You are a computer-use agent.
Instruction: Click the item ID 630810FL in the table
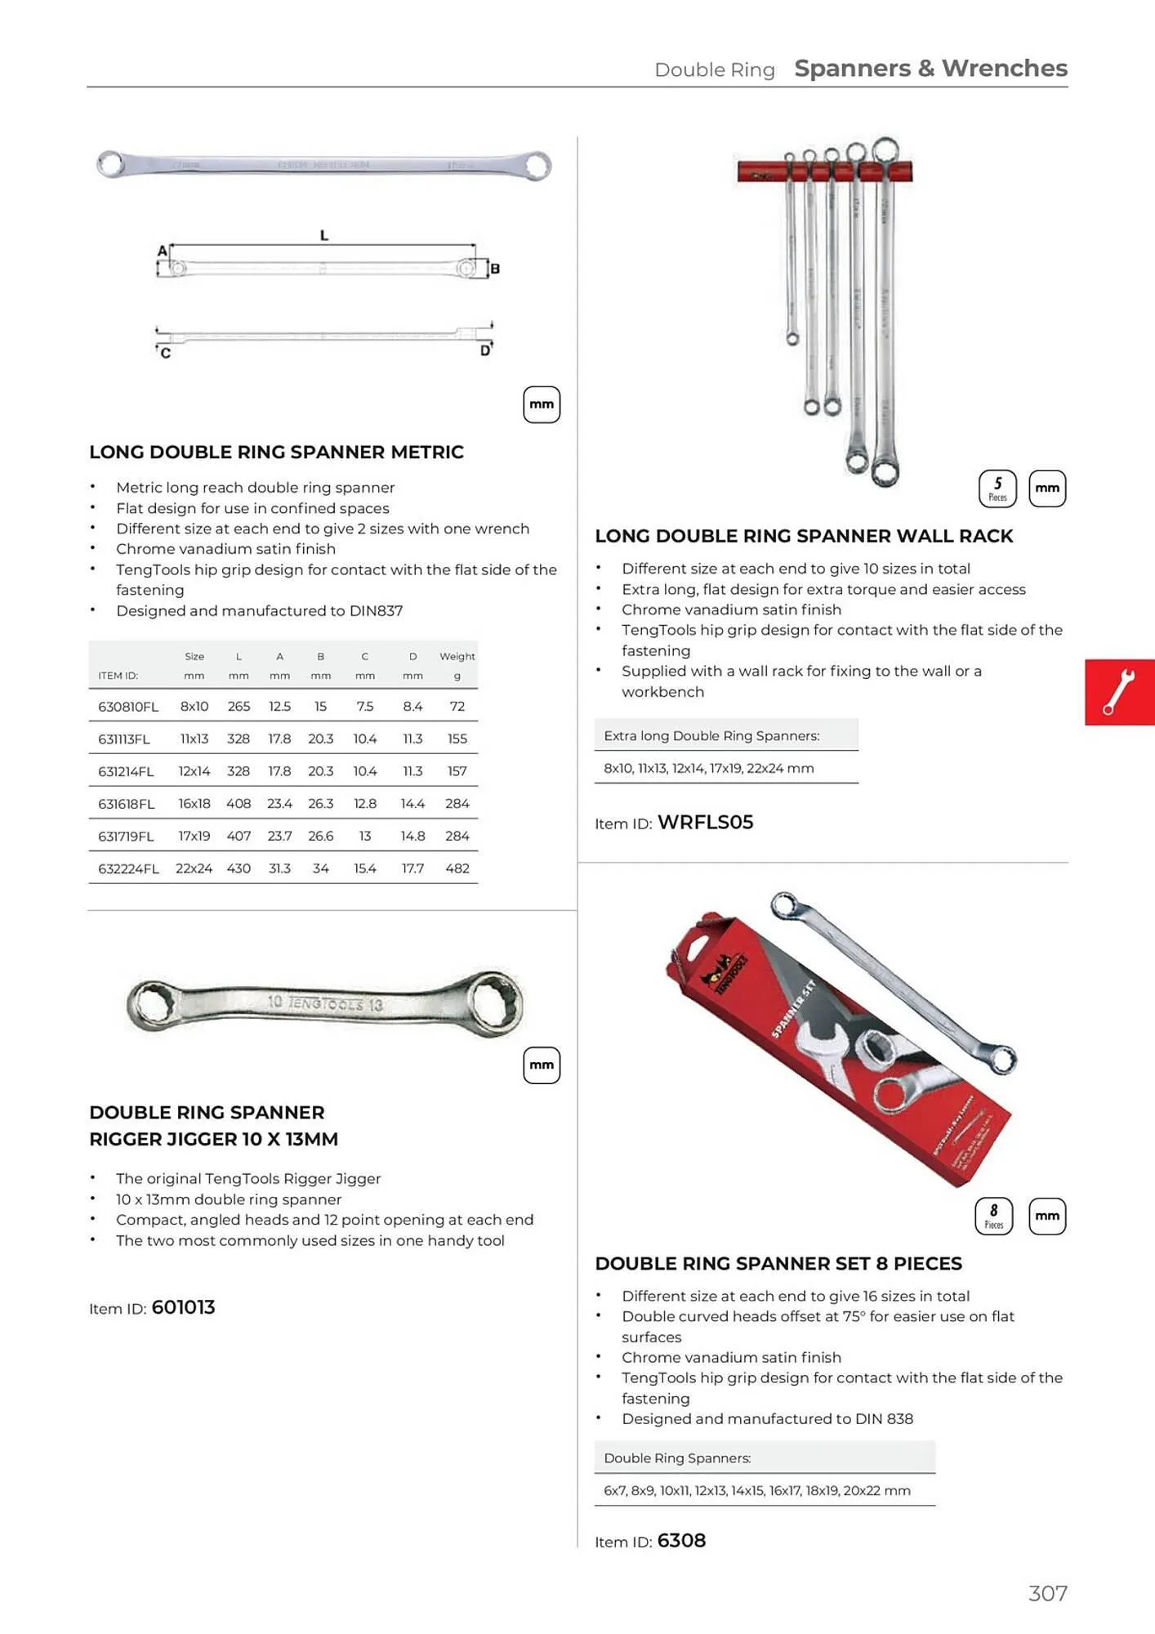coord(127,707)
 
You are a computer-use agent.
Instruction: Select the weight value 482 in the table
coord(457,868)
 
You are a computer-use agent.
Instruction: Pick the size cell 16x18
coord(194,804)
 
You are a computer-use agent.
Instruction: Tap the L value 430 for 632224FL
coord(239,868)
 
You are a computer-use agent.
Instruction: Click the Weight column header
coord(457,656)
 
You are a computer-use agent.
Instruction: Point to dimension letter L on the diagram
coord(324,235)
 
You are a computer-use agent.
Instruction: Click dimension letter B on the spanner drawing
coord(495,269)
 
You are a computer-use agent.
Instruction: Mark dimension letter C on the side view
coord(166,353)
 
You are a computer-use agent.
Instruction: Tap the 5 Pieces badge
coord(997,489)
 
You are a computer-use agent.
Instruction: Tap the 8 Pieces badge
coord(994,1216)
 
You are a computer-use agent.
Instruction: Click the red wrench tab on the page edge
coord(1119,692)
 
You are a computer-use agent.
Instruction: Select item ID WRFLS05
coord(706,823)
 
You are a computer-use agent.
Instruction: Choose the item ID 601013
coord(184,1307)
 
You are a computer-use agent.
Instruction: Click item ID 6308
coord(681,1541)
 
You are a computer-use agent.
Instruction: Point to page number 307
coord(1048,1594)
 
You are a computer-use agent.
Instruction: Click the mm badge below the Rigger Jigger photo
coord(542,1065)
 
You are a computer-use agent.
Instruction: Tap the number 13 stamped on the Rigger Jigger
coord(375,1005)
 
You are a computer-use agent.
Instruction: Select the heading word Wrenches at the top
coord(1005,69)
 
